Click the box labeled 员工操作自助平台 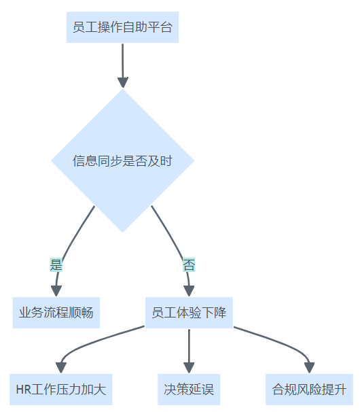click(123, 27)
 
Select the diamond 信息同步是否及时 click(123, 160)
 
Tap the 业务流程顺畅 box click(56, 313)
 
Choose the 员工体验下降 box click(189, 313)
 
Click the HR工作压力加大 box click(61, 390)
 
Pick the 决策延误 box click(189, 390)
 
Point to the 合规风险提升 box click(309, 390)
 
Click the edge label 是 click(56, 265)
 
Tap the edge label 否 click(189, 265)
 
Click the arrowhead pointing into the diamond click(123, 82)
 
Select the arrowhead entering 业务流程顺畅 click(56, 291)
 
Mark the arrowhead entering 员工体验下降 click(189, 291)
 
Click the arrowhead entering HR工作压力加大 click(61, 368)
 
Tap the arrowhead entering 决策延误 click(189, 368)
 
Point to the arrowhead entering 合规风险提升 click(309, 368)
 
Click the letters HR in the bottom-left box click(24, 390)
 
